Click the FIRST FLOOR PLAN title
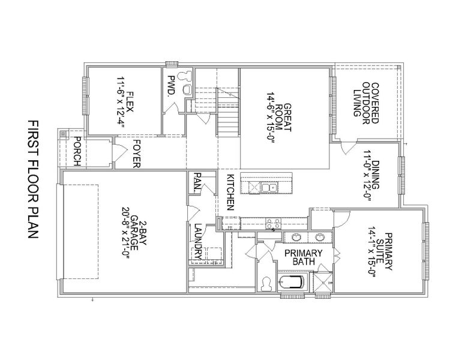32,180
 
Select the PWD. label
170,86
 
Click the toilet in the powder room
184,76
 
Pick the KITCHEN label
229,192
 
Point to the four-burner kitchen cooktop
272,224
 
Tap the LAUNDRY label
197,238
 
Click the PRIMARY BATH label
304,257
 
